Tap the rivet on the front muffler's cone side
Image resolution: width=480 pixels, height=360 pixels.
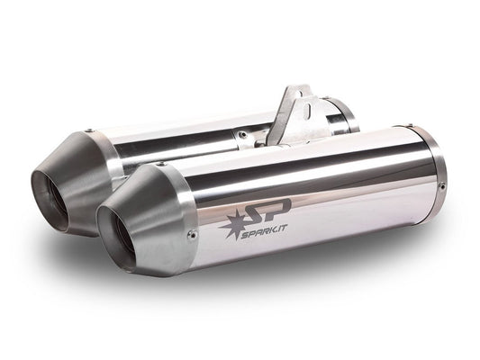pos(193,236)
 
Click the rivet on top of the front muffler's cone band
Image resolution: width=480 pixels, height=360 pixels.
pos(160,165)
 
